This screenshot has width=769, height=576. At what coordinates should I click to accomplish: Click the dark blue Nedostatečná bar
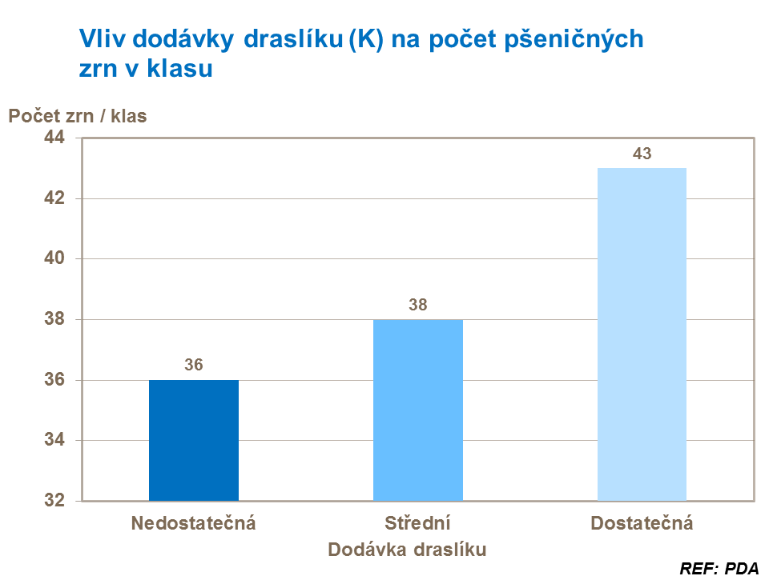pyautogui.click(x=194, y=440)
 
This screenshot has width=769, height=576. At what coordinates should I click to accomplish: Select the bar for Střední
pyautogui.click(x=418, y=410)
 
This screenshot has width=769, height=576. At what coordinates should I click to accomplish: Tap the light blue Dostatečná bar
pyautogui.click(x=642, y=334)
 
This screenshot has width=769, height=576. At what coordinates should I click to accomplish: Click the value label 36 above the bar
pyautogui.click(x=194, y=366)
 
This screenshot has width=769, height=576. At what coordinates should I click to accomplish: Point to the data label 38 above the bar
pyautogui.click(x=418, y=305)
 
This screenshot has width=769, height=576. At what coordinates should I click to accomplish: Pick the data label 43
pyautogui.click(x=642, y=154)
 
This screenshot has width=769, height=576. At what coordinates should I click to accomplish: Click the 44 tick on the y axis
pyautogui.click(x=54, y=138)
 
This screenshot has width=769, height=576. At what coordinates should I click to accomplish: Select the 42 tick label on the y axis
pyautogui.click(x=54, y=199)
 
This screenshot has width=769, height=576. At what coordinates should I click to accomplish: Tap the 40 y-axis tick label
pyautogui.click(x=54, y=259)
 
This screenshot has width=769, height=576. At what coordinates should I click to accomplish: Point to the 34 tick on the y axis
pyautogui.click(x=54, y=441)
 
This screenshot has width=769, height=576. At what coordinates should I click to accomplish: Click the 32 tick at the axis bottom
pyautogui.click(x=54, y=502)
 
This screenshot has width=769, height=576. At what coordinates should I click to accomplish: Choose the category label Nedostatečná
pyautogui.click(x=194, y=524)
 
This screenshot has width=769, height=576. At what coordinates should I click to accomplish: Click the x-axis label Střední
pyautogui.click(x=418, y=524)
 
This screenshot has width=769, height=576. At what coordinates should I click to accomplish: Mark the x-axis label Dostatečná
pyautogui.click(x=642, y=524)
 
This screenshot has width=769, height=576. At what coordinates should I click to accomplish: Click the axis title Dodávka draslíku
pyautogui.click(x=408, y=550)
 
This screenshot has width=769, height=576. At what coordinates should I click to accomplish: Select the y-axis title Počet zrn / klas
pyautogui.click(x=78, y=116)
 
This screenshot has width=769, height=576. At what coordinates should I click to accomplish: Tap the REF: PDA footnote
pyautogui.click(x=719, y=569)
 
